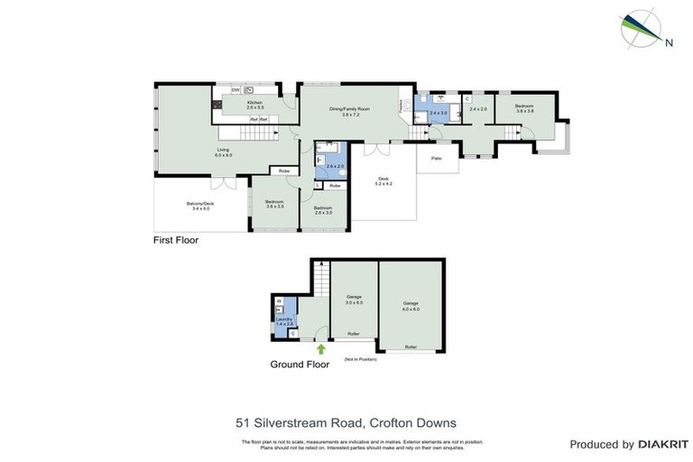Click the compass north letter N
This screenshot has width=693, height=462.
point(668,42)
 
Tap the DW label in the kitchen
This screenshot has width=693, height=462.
point(235,90)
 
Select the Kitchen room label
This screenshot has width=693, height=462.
point(255,105)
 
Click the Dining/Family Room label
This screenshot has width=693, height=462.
point(345,111)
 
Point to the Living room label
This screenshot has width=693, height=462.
point(223,152)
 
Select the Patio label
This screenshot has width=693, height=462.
point(437,159)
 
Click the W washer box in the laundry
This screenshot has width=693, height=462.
point(279,301)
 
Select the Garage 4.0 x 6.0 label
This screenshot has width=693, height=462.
point(411,306)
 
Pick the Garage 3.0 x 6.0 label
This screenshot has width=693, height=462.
point(354,299)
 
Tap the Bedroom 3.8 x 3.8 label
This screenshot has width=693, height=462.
point(525,109)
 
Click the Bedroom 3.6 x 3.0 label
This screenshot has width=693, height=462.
point(274,204)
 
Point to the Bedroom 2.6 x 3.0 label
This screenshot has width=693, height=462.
point(323,210)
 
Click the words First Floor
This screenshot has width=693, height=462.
point(175,241)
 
